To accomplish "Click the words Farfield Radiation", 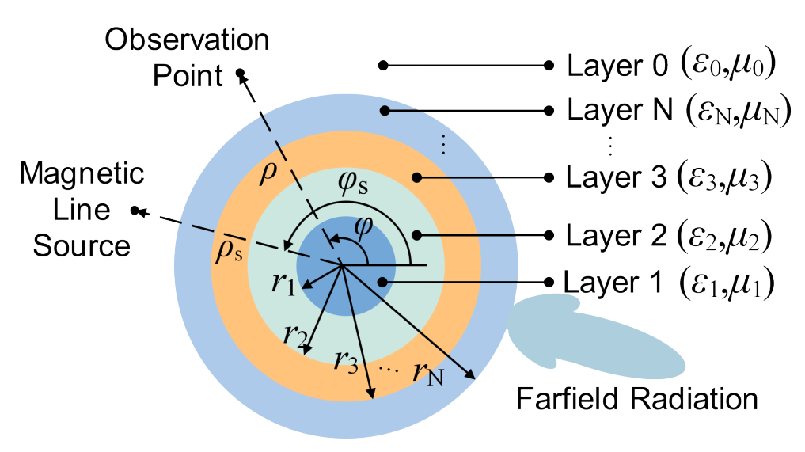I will click(637, 398).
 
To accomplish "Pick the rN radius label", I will click(427, 370).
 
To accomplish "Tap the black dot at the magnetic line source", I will click(136, 211).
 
